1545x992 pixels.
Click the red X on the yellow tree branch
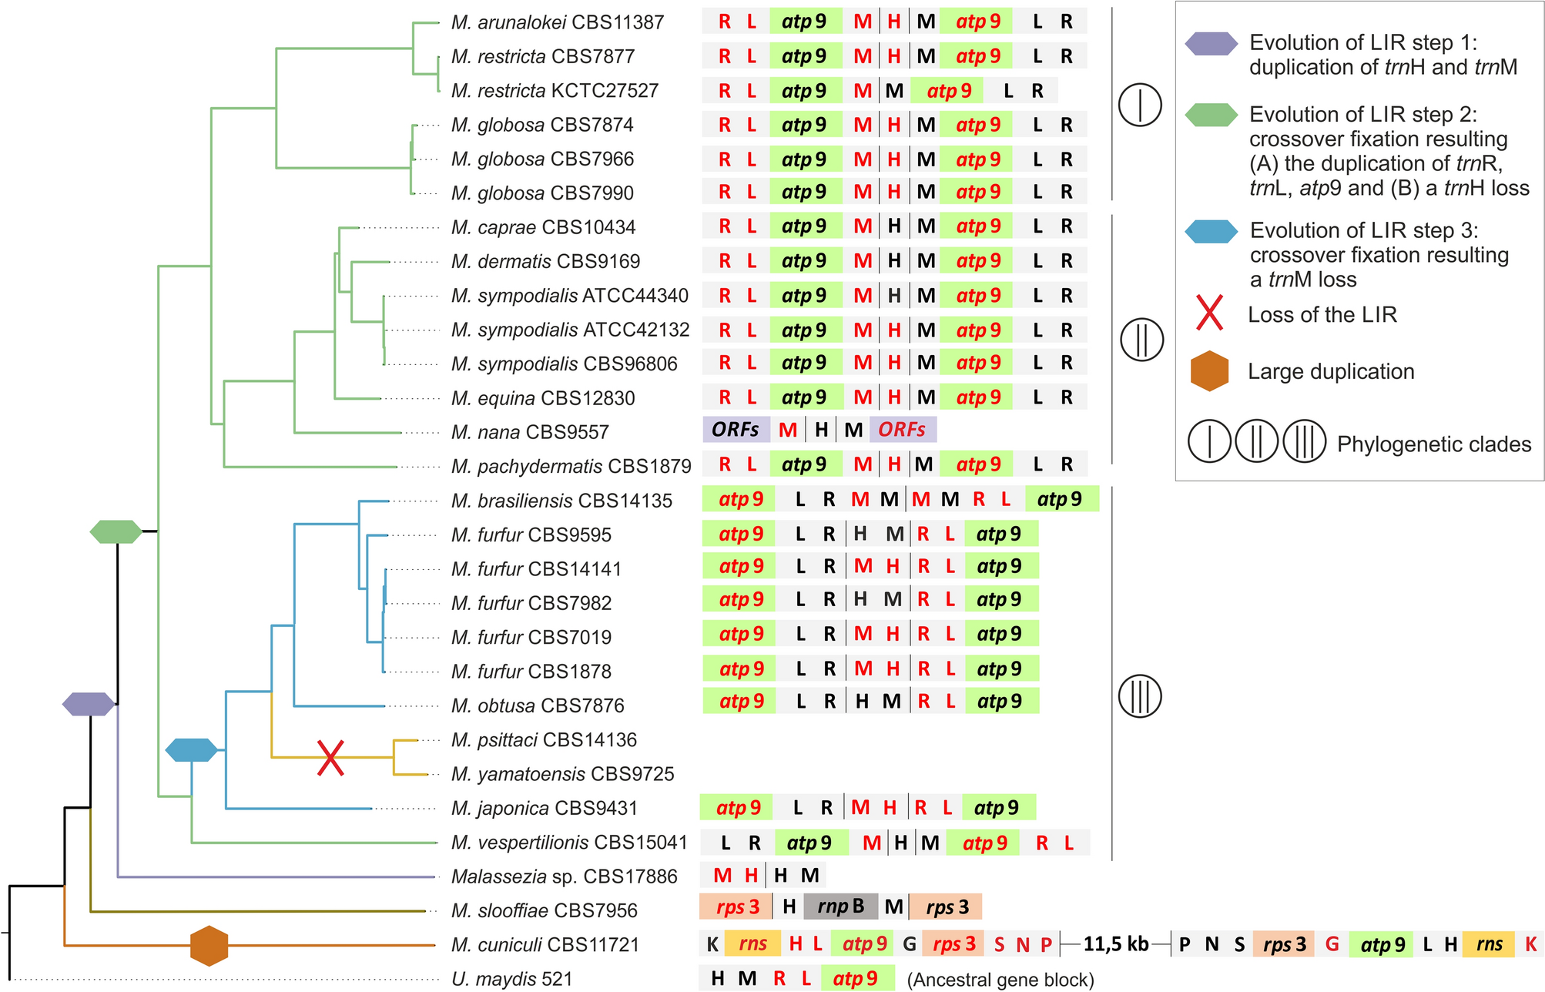click(x=330, y=758)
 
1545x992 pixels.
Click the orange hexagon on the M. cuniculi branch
click(x=209, y=945)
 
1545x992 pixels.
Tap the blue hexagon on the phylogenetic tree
click(x=191, y=749)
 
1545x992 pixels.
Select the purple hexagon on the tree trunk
click(x=89, y=704)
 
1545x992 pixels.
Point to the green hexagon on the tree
click(x=116, y=531)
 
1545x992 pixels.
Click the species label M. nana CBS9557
click(x=530, y=432)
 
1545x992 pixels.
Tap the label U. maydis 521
click(x=512, y=979)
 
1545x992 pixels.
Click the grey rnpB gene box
click(x=840, y=907)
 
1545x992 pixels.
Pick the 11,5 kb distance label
click(x=1116, y=944)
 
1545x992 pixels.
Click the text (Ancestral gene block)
click(x=1000, y=980)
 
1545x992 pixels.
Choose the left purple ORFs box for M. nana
click(x=736, y=430)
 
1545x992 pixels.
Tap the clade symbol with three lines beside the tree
click(x=1140, y=696)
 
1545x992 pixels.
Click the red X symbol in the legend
click(x=1209, y=313)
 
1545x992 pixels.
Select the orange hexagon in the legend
click(x=1209, y=371)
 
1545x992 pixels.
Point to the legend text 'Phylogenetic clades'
click(x=1434, y=444)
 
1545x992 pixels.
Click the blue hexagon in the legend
click(x=1212, y=231)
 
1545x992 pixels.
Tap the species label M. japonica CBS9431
click(x=544, y=808)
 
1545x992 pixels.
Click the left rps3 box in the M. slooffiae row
click(x=737, y=907)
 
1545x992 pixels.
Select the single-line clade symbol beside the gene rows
click(x=1140, y=105)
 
